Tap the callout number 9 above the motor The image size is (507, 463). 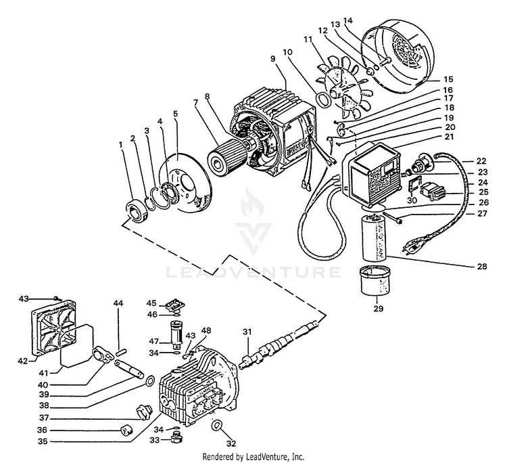[x=272, y=59]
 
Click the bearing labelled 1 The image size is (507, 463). [x=137, y=210]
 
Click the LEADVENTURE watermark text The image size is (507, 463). [x=254, y=273]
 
